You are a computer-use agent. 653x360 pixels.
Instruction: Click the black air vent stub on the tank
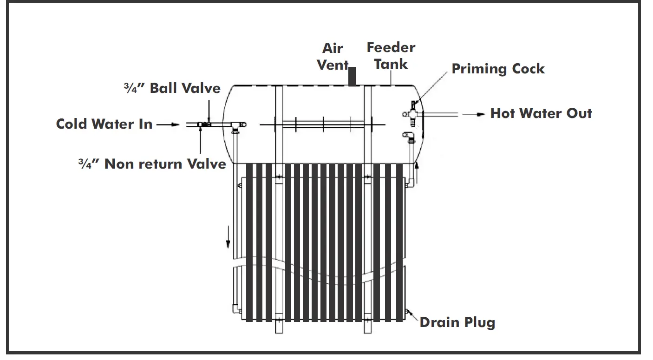point(353,77)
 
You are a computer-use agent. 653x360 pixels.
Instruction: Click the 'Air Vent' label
point(333,56)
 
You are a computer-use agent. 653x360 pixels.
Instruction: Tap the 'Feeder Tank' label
point(391,55)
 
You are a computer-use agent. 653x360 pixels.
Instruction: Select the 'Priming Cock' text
point(498,69)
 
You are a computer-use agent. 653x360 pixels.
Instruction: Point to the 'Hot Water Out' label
point(541,113)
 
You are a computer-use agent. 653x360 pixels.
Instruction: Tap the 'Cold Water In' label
point(104,124)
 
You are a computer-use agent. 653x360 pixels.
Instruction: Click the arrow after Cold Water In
point(168,124)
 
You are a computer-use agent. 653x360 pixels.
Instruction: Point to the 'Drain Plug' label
point(457,322)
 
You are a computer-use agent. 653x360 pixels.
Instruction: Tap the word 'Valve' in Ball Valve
point(201,88)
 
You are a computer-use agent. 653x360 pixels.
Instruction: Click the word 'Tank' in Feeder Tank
point(391,64)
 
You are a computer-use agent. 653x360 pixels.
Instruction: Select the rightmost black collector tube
point(399,242)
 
